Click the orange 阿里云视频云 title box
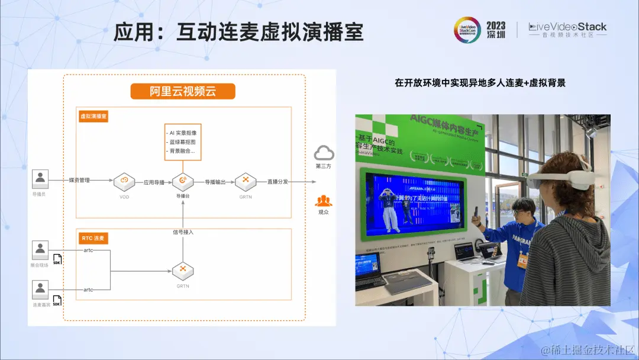click(183, 91)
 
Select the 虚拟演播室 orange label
click(93, 117)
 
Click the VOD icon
click(124, 181)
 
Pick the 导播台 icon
click(183, 181)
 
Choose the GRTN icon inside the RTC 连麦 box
click(183, 272)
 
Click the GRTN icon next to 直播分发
click(245, 181)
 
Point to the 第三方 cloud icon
click(324, 153)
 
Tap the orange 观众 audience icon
click(324, 201)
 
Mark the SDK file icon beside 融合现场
click(57, 259)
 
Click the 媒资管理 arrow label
click(79, 180)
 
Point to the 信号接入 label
click(183, 232)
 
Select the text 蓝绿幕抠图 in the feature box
click(183, 142)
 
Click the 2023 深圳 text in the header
click(496, 30)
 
